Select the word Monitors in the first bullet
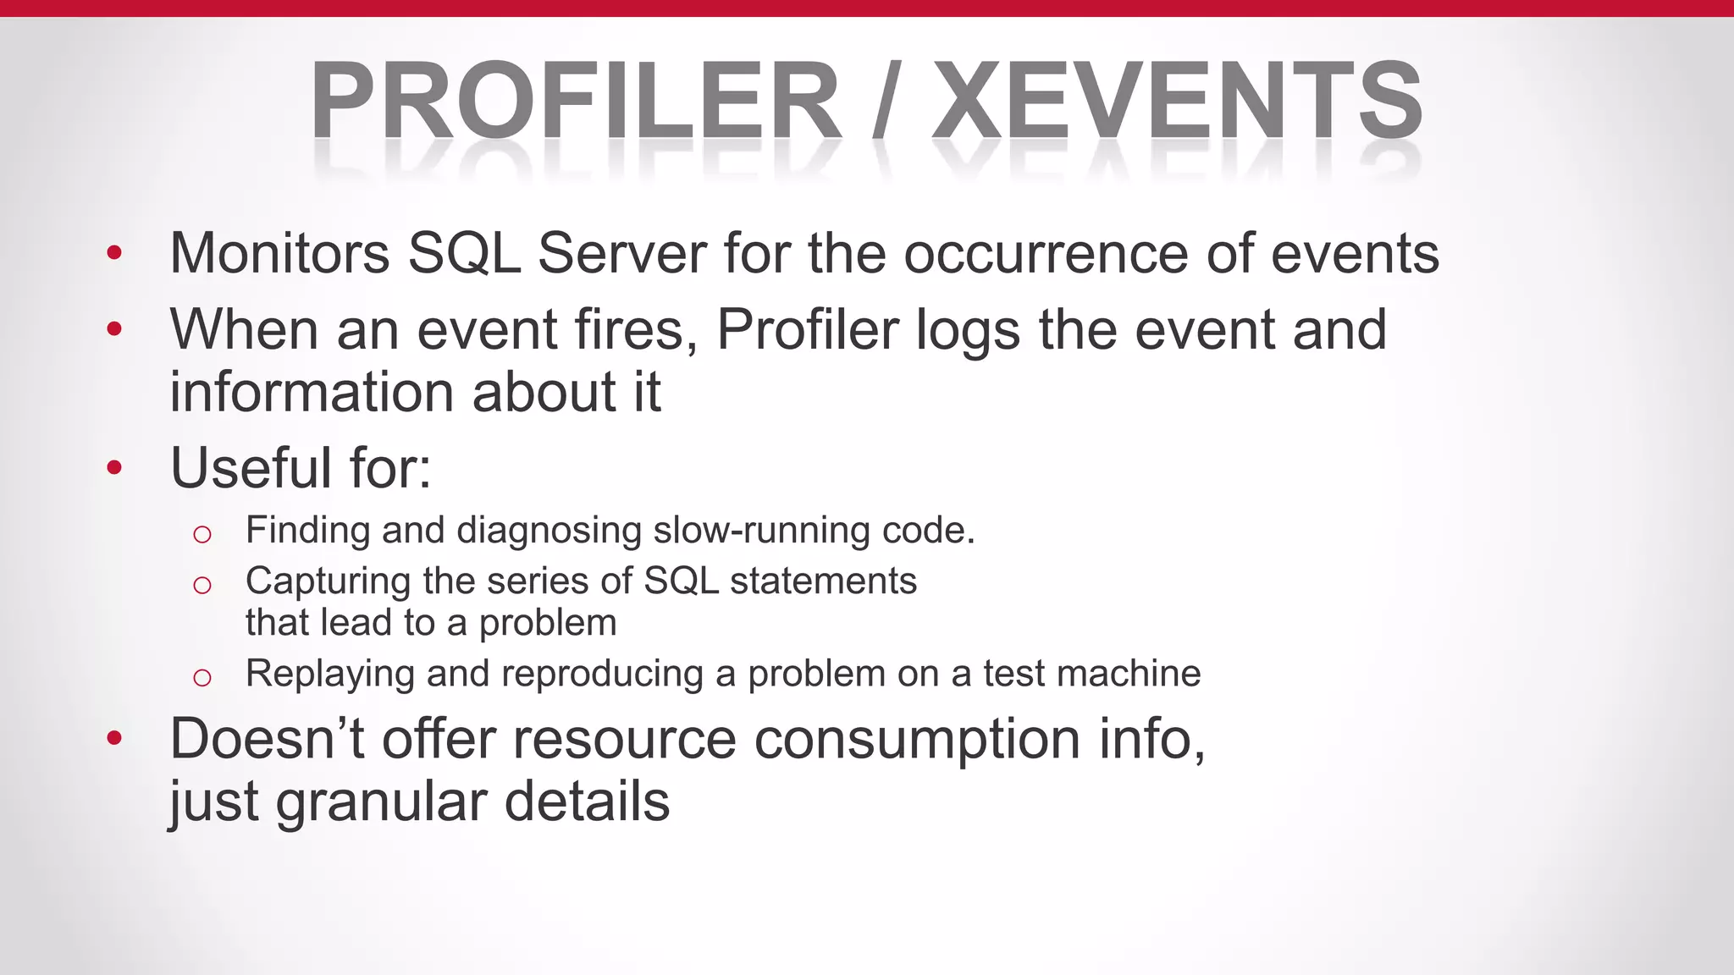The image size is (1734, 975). [x=279, y=253]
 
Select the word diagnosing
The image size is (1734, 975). [x=549, y=532]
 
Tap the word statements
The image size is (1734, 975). [x=823, y=581]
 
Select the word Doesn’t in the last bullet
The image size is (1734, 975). [x=268, y=739]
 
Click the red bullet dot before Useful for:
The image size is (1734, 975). [x=115, y=467]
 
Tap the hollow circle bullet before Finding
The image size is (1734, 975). [x=202, y=534]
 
